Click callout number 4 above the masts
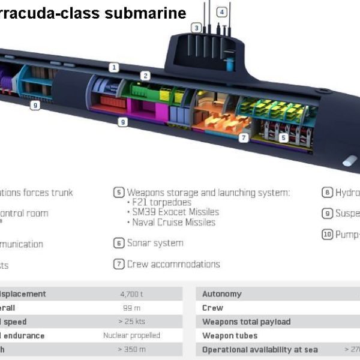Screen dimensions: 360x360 pos(222,12)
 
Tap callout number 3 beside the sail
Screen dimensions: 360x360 pos(196,28)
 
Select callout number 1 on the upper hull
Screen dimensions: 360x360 pos(114,68)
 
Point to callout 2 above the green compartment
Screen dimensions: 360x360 pos(145,76)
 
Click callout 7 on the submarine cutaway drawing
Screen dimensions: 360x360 pos(244,137)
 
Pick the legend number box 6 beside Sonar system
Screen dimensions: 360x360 pos(119,243)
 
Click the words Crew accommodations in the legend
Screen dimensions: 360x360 pos(173,264)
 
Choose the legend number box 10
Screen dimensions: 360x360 pos(327,234)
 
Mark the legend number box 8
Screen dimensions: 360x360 pos(327,193)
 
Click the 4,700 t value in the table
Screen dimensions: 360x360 pos(131,294)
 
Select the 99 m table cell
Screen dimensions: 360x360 pos(131,308)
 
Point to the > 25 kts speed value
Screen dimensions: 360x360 pos(131,322)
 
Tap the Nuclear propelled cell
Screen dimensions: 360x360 pos(131,335)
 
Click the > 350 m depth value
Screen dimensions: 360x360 pos(131,349)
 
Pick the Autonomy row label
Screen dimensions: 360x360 pos(222,294)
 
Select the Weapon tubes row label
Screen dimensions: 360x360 pos(230,335)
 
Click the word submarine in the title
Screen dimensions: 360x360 pos(149,13)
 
